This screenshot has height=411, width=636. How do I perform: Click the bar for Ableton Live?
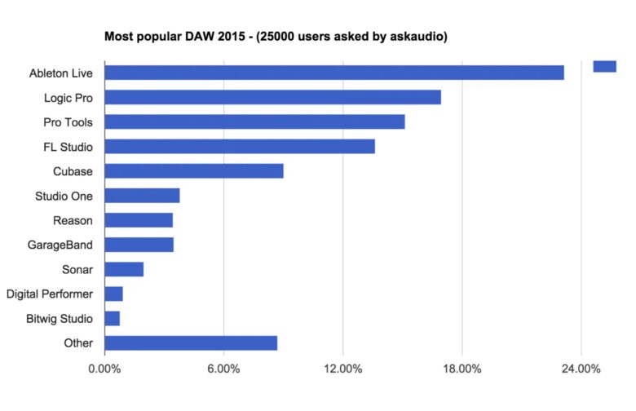[334, 73]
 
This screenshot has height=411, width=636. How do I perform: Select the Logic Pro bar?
[272, 97]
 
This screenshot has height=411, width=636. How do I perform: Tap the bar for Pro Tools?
[254, 122]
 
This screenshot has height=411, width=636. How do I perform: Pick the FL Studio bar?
[240, 147]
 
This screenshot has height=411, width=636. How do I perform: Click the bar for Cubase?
[194, 171]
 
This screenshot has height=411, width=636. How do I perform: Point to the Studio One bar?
[142, 196]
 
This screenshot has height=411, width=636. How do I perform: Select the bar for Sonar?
[124, 269]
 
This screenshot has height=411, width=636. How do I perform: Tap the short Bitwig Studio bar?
[113, 319]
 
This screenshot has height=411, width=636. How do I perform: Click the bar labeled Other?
[191, 343]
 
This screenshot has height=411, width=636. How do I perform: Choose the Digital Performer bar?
[113, 294]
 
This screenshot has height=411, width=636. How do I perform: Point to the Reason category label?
[73, 220]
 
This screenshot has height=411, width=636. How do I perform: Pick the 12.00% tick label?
[342, 369]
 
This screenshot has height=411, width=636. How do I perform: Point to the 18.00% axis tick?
[462, 369]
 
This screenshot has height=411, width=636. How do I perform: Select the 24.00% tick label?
[581, 369]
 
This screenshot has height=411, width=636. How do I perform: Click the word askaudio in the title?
[419, 37]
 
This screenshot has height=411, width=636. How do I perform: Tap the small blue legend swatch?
[604, 67]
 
